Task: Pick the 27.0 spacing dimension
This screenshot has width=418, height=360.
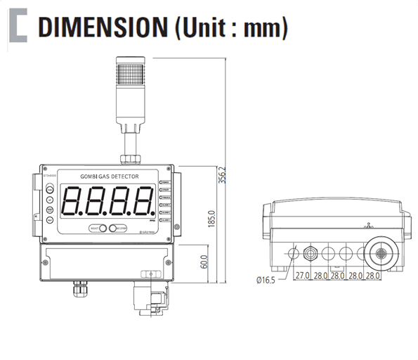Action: pyautogui.click(x=303, y=276)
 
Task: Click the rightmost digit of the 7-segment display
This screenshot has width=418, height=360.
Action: pyautogui.click(x=144, y=202)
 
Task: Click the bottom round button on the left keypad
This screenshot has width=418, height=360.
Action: pyautogui.click(x=50, y=220)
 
